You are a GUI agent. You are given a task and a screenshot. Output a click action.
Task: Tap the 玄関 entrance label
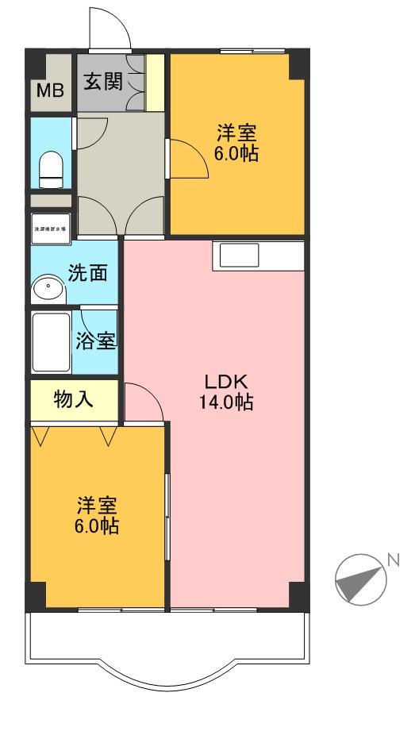[103, 82]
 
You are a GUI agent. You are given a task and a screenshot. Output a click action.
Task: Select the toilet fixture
[51, 169]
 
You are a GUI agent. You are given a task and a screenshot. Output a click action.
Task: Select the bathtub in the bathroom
[51, 342]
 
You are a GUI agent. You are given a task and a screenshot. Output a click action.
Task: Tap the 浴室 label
[97, 341]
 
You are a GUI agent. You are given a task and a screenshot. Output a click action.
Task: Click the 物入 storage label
[74, 399]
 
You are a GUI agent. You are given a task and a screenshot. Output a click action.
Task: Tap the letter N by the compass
[393, 560]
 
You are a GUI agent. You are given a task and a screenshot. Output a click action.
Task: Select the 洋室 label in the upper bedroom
[236, 132]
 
